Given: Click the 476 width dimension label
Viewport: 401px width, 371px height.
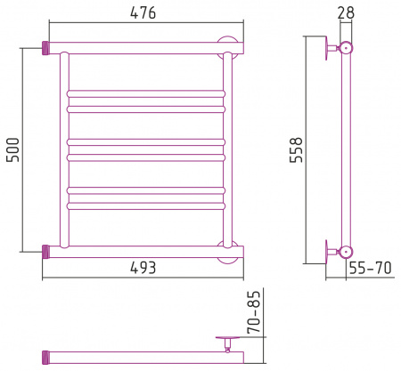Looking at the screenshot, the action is point(143,12).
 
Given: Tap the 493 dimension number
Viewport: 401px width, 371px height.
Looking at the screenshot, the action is point(143,268).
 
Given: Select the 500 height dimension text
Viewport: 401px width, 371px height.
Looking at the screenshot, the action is point(13,149).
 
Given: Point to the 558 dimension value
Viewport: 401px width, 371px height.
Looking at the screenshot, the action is point(296,150).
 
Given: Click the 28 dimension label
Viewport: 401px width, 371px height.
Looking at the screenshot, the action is point(346,12).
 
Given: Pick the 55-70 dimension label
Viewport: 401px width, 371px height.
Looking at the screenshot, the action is point(370,268).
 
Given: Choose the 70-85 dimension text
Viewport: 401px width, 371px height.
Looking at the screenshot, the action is point(254,312).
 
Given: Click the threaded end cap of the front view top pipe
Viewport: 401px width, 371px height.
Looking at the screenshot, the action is point(45,48).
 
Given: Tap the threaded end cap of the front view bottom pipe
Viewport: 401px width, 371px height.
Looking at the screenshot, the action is point(45,252).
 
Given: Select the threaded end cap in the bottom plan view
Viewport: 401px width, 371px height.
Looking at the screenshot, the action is point(45,358).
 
